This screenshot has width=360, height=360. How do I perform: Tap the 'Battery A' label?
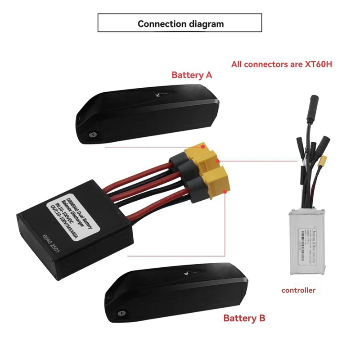(191, 75)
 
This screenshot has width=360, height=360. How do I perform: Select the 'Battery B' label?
(244, 318)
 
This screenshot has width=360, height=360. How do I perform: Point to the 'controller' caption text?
(298, 290)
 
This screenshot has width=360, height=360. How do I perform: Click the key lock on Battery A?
(93, 134)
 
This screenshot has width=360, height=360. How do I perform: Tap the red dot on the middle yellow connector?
(218, 161)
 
